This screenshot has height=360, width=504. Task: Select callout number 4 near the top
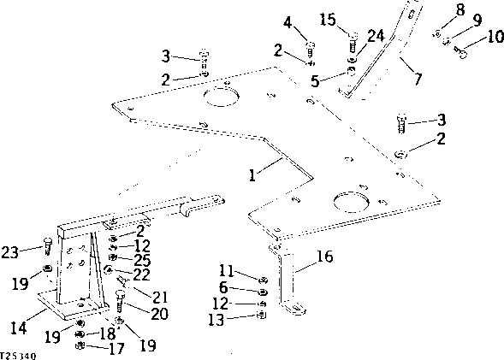[288, 21]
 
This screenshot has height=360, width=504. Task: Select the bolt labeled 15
[352, 37]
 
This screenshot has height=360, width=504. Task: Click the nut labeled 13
[260, 316]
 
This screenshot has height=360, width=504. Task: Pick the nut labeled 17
[80, 345]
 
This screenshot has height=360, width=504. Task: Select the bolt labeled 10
[462, 53]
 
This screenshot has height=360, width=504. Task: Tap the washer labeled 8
[437, 33]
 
